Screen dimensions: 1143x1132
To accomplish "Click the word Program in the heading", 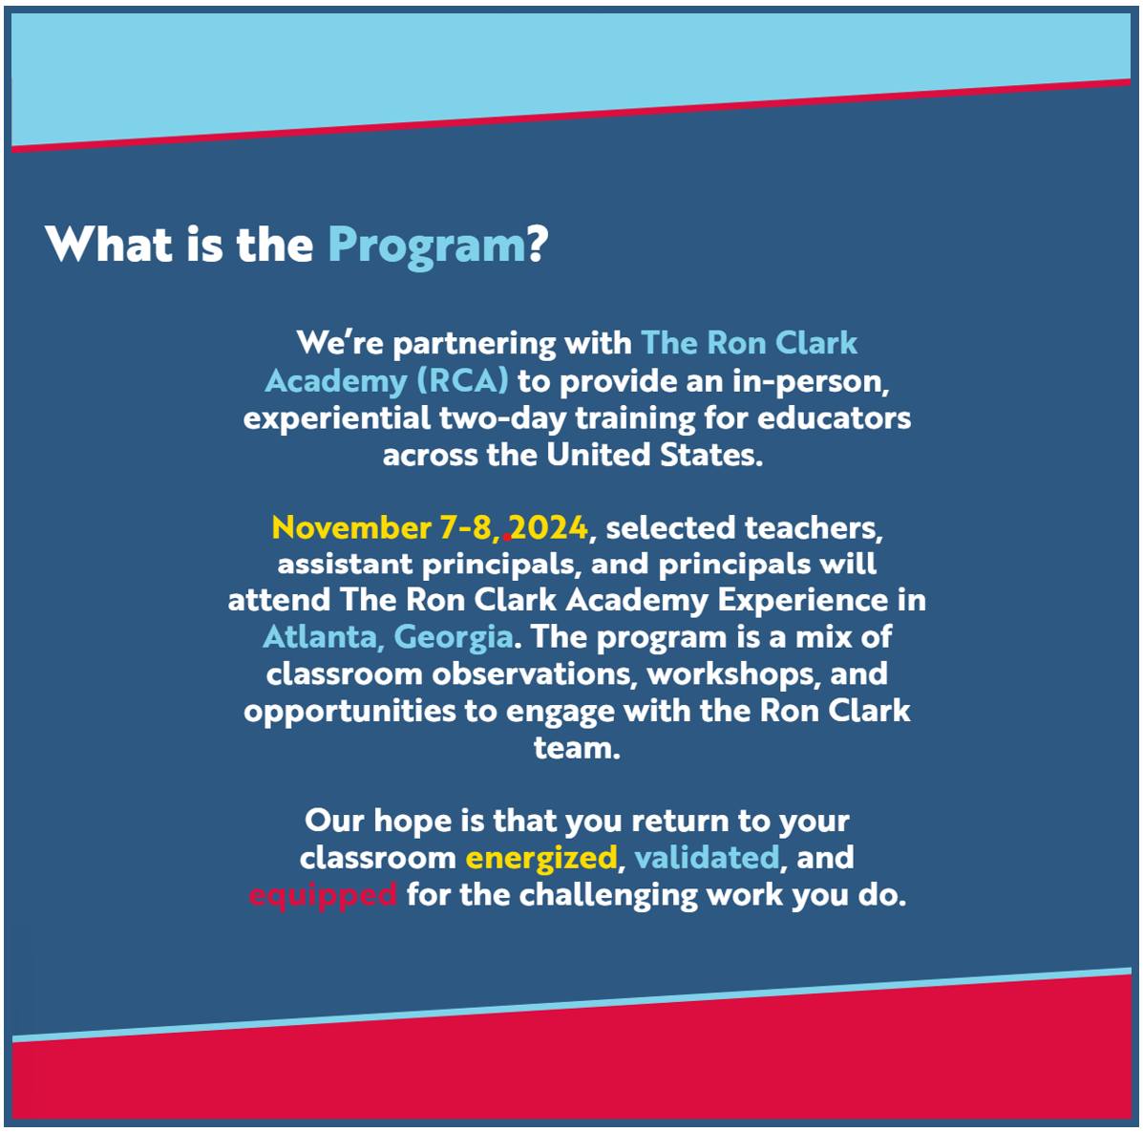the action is pos(427,246).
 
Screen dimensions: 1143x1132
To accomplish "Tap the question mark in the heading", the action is pos(538,243).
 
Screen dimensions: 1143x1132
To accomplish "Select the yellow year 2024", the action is pos(548,527).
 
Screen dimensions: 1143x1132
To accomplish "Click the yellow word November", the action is pos(351,527).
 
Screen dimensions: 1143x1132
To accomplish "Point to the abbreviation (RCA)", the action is pos(463,381).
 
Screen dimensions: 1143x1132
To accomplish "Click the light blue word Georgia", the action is pos(454,638).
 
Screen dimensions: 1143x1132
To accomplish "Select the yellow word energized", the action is pos(541,859).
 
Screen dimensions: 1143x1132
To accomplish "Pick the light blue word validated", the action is pos(707,857).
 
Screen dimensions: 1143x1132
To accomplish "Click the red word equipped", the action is pos(323,895).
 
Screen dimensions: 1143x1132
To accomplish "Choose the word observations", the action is pos(531,674).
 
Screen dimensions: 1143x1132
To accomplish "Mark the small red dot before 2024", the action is pos(507,538).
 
